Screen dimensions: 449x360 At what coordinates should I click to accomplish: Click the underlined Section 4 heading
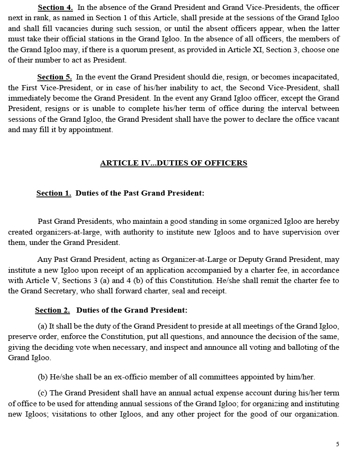click(55, 8)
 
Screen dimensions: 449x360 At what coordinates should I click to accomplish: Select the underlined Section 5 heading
click(55, 77)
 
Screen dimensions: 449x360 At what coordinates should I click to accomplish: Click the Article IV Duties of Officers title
click(173, 163)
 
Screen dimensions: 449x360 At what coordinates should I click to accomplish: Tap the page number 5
click(337, 444)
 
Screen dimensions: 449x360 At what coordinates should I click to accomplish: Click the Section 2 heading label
click(52, 310)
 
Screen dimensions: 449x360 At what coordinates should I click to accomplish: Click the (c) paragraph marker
click(42, 393)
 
